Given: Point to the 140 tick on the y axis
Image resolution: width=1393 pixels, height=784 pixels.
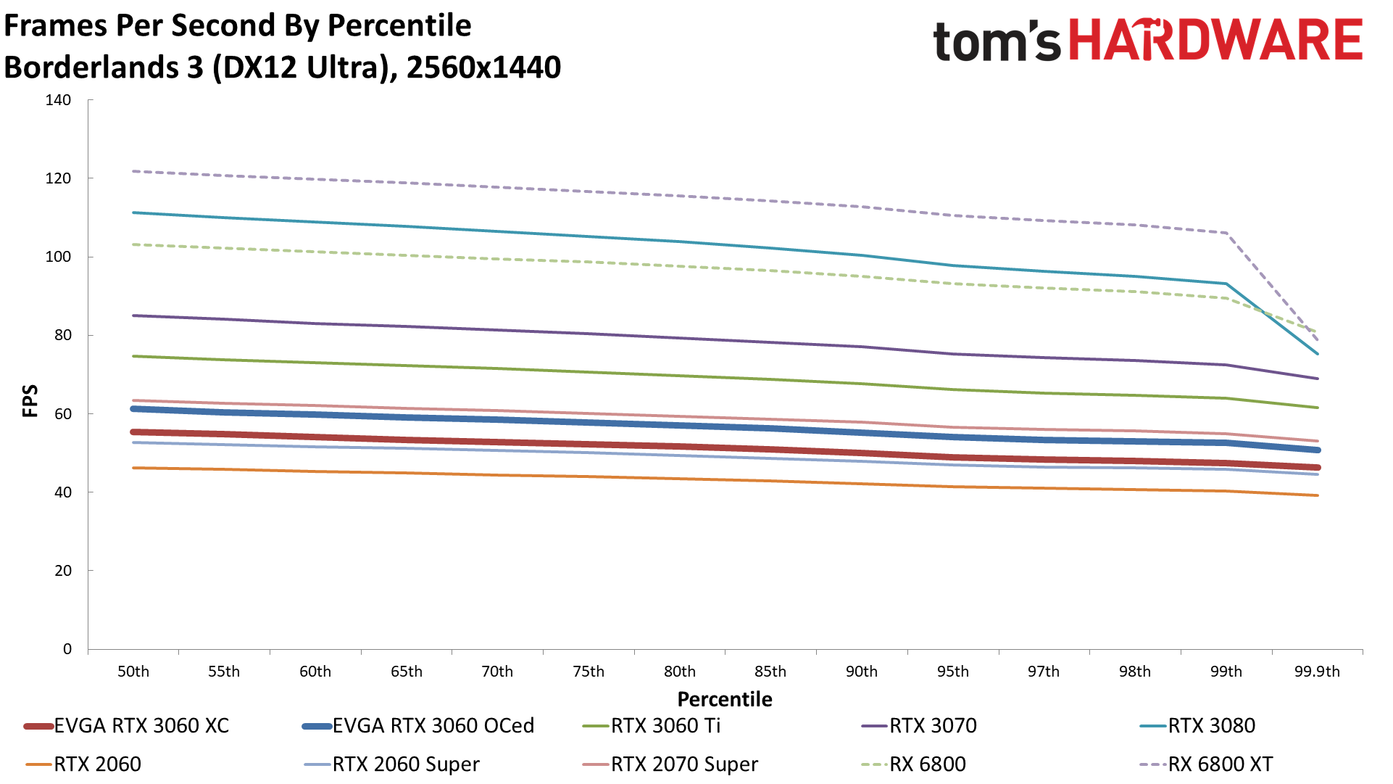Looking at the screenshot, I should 58,100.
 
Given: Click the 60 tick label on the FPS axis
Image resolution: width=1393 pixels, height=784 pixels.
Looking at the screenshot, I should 62,414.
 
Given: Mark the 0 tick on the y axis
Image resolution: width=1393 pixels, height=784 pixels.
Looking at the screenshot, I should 67,649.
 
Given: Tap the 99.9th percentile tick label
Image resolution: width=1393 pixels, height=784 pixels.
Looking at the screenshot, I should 1317,672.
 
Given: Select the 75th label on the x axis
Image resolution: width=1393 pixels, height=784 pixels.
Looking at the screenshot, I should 588,672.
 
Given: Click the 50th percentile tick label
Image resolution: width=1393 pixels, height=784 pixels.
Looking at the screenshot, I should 133,672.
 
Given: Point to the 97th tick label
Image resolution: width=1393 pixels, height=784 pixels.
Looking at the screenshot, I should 1043,672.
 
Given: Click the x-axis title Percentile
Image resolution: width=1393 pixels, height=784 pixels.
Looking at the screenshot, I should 725,699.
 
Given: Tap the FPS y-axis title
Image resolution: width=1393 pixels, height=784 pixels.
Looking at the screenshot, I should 30,401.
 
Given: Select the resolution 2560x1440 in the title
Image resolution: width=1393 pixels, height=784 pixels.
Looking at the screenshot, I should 483,67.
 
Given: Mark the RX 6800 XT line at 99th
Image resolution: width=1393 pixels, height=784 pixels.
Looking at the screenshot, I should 1226,233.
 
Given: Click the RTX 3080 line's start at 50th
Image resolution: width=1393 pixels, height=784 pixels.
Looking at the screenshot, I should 134,212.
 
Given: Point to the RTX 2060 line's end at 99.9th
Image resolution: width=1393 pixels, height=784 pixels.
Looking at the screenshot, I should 1317,495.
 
